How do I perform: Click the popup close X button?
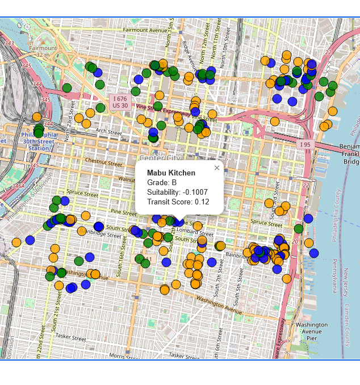[217, 168]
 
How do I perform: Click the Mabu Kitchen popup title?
[171, 173]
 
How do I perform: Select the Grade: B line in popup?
[162, 182]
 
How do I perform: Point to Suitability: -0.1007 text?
[177, 192]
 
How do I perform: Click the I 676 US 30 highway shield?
[120, 102]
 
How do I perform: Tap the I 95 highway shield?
[304, 145]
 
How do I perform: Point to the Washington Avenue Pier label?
[311, 331]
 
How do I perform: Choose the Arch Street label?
[109, 131]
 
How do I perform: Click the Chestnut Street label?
[103, 162]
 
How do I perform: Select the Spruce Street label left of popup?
[82, 193]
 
